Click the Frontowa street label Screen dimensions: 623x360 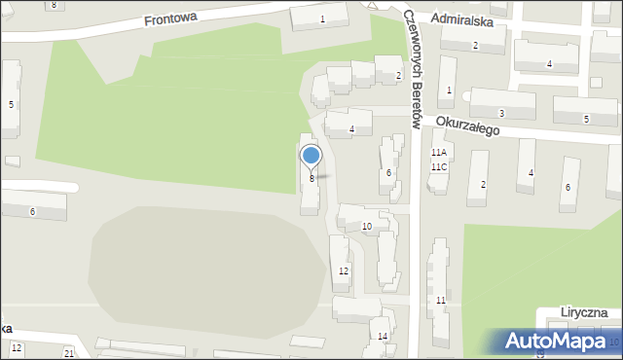point(169,18)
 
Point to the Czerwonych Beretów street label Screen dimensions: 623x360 point(412,68)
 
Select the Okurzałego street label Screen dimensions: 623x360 point(467,125)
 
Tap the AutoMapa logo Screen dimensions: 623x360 point(554,341)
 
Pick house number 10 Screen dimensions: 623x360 point(366,227)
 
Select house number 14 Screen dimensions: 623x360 point(383,337)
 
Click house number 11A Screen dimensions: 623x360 point(439,153)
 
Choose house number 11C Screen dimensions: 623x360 point(439,166)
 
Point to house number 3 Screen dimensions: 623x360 point(501,114)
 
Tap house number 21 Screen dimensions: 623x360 point(69,352)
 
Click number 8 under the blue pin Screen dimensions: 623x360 point(311,179)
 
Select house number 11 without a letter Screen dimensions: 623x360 point(441,301)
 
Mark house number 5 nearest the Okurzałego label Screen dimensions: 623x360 point(586,119)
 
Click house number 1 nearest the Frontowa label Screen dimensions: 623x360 point(322,19)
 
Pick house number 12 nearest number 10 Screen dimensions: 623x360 point(343,270)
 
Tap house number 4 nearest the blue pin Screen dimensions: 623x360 point(351,129)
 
